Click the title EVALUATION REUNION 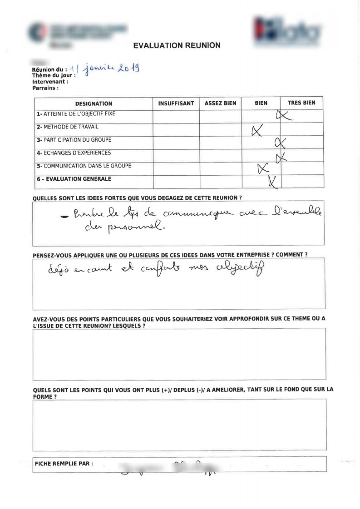[x=177, y=45]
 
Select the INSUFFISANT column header [x=176, y=104]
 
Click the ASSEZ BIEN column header [x=220, y=104]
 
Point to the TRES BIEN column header [x=301, y=103]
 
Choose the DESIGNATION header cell [x=94, y=104]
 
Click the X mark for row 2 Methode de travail [x=257, y=131]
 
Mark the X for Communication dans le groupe [x=262, y=169]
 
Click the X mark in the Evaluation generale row [x=273, y=181]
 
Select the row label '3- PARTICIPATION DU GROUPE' [x=74, y=140]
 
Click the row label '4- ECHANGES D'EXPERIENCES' [x=74, y=153]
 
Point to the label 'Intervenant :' [x=50, y=82]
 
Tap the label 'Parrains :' [x=45, y=88]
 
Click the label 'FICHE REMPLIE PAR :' [x=64, y=464]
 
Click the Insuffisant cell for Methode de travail [x=176, y=130]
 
